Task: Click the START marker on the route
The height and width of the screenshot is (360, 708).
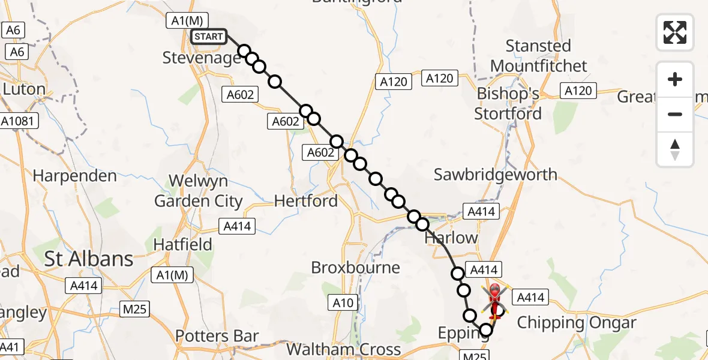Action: click(209, 37)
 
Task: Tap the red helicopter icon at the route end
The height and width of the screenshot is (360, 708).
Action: click(495, 300)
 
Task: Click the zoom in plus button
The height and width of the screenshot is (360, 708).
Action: click(675, 80)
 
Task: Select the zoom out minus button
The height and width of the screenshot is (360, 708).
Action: click(675, 114)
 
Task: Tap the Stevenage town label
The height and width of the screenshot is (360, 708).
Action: click(202, 58)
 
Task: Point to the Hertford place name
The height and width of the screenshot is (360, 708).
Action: click(306, 201)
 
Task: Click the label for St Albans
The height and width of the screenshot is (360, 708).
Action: click(89, 259)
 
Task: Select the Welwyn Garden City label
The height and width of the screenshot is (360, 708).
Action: click(199, 191)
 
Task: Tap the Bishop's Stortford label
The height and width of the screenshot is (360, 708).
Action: click(508, 104)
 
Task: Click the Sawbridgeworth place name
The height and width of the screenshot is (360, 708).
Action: click(496, 175)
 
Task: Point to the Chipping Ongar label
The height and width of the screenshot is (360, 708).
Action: click(577, 323)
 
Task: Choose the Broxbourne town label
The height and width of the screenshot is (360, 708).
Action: click(355, 268)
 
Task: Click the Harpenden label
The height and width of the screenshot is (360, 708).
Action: click(75, 176)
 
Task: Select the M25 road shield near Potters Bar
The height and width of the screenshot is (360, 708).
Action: click(134, 309)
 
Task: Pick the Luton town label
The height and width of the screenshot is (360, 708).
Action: click(24, 90)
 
